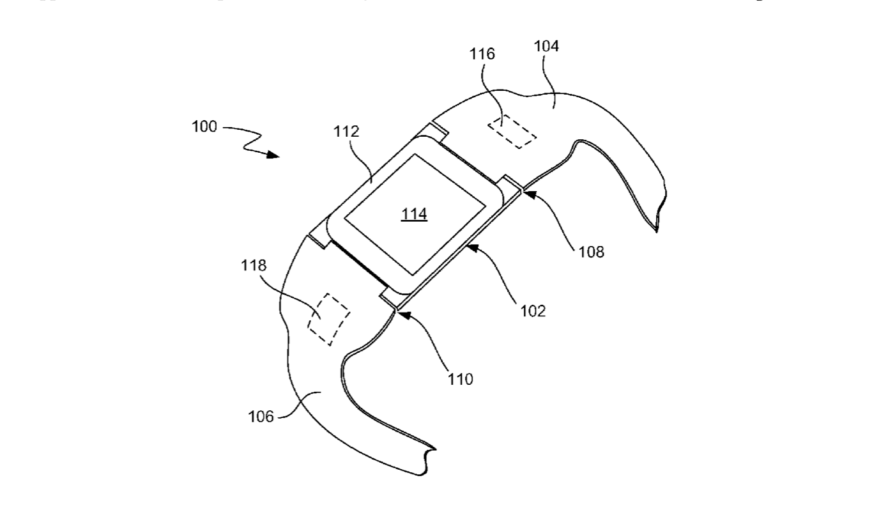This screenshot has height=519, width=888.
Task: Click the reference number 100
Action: [x=204, y=126]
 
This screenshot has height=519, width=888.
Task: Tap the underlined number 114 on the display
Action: [x=414, y=215]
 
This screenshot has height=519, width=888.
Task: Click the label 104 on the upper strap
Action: [x=546, y=45]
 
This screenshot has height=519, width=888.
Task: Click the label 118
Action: [x=254, y=265]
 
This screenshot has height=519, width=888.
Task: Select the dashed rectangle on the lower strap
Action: [x=328, y=318]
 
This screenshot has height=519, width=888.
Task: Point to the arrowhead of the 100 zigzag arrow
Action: [x=274, y=155]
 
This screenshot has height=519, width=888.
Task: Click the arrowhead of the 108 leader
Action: [x=528, y=190]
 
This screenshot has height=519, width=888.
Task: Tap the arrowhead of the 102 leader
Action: [x=471, y=247]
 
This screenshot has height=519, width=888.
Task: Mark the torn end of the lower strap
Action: [x=428, y=461]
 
